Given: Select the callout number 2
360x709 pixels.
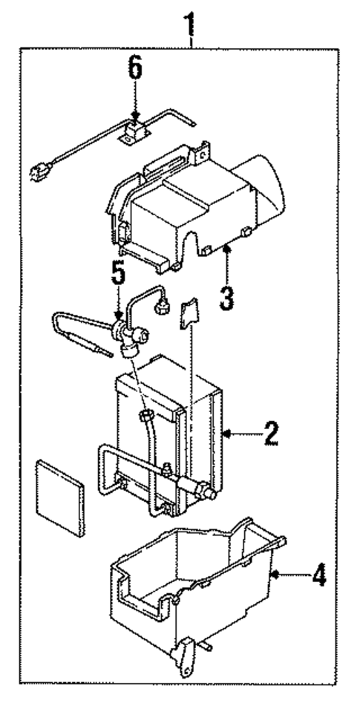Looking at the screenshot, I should pyautogui.click(x=269, y=433).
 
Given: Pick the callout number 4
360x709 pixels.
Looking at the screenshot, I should pyautogui.click(x=318, y=576).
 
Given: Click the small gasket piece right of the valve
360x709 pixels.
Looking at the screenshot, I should pyautogui.click(x=189, y=312).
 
